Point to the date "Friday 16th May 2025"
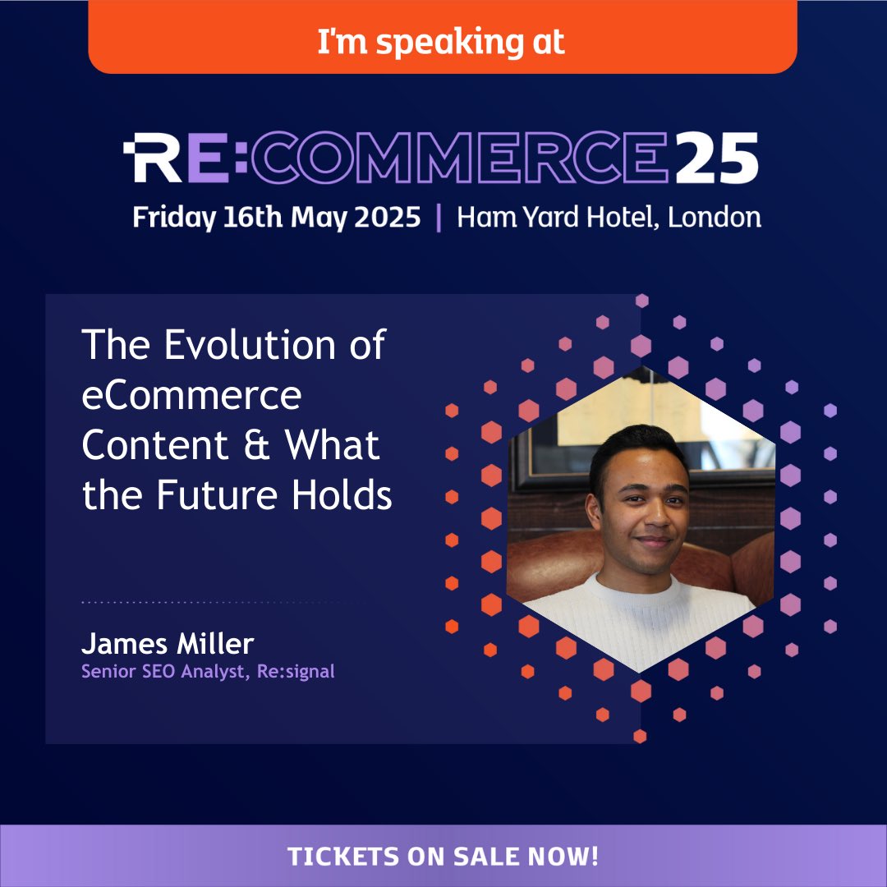[277, 218]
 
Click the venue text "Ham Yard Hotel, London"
[609, 218]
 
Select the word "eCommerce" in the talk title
[192, 396]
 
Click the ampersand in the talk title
[257, 446]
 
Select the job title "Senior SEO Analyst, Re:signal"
[208, 672]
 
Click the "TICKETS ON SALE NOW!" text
[443, 857]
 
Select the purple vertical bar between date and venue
[439, 218]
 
